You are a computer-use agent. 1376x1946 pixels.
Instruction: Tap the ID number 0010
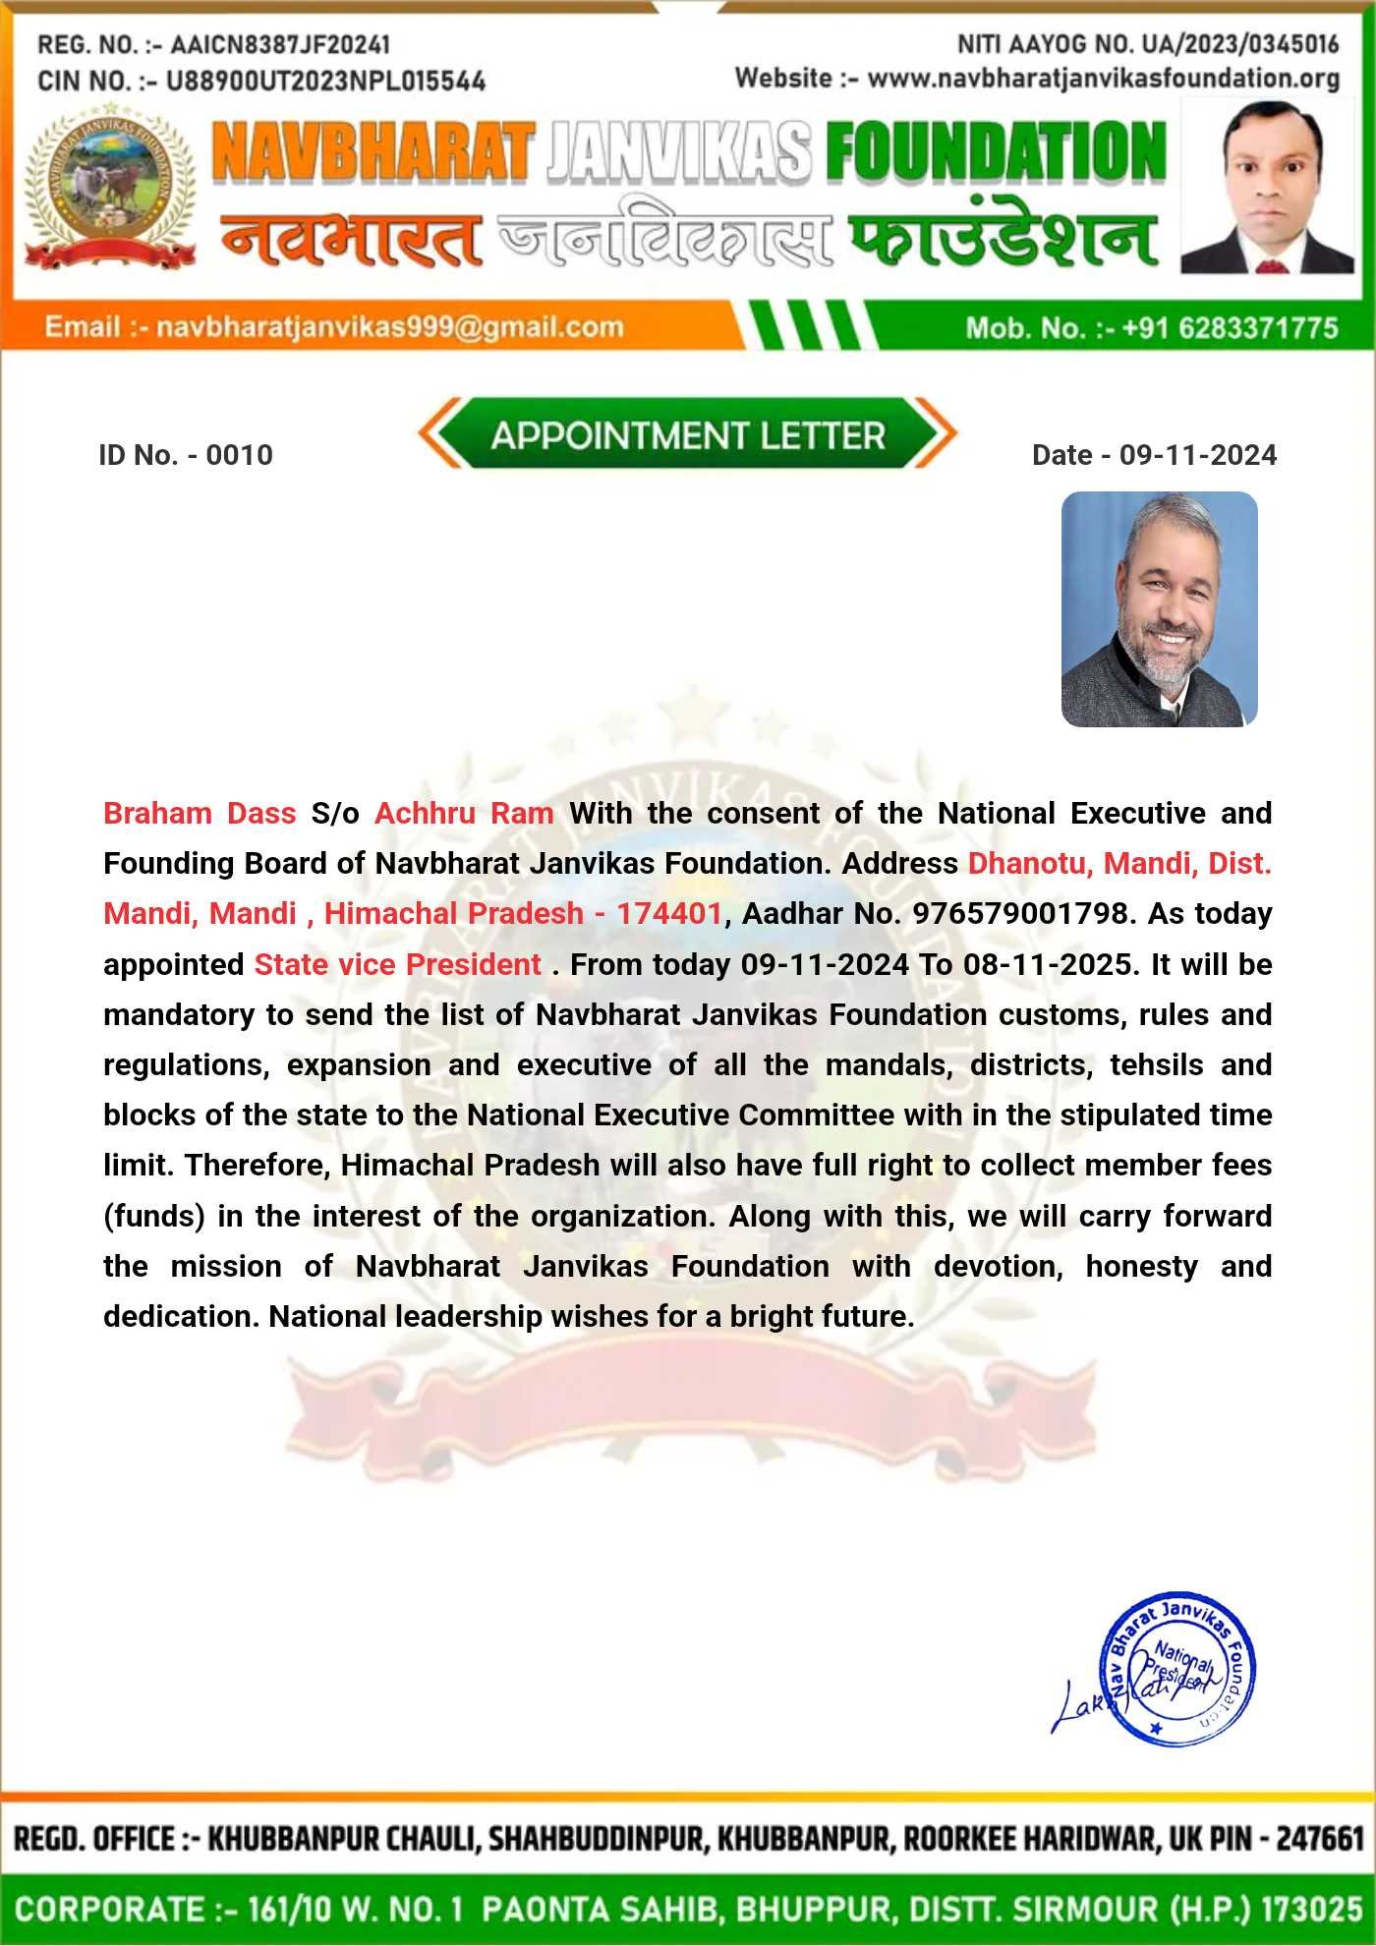[240, 455]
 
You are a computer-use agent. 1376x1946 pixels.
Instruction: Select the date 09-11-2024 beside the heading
[1198, 455]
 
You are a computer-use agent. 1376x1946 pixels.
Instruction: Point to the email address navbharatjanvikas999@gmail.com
[389, 327]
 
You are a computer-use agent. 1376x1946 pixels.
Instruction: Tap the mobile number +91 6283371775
[1230, 327]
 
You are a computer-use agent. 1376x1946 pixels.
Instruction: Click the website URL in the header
[1104, 78]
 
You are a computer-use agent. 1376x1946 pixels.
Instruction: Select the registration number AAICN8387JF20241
[280, 44]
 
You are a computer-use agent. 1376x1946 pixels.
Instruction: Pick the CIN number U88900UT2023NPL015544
[325, 81]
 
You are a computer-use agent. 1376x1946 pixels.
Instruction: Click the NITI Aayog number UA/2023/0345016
[1239, 43]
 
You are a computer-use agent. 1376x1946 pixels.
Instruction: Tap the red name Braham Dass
[200, 813]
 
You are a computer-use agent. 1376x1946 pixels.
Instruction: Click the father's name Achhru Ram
[464, 813]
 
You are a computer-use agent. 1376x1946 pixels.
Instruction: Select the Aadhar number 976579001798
[1020, 913]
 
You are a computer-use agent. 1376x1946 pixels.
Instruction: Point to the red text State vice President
[397, 964]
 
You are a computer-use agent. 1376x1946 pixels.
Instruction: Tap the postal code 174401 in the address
[669, 913]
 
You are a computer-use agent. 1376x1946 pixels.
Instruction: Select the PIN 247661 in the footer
[1320, 1838]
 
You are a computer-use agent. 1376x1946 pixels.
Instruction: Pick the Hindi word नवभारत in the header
[352, 239]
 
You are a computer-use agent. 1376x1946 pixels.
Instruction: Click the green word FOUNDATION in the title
[996, 152]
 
